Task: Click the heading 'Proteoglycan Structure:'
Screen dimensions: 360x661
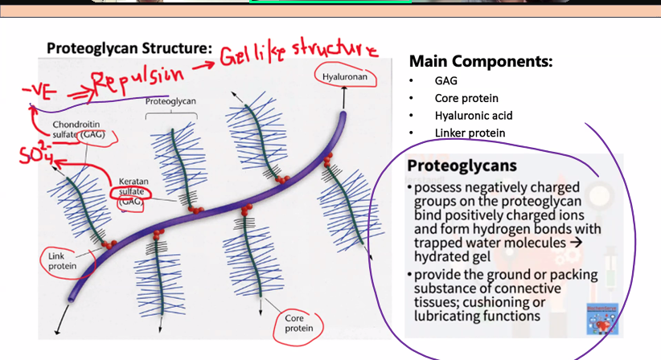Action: click(x=129, y=47)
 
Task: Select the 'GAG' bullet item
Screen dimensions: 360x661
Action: click(x=447, y=81)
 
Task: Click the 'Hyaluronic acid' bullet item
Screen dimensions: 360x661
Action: click(x=474, y=116)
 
